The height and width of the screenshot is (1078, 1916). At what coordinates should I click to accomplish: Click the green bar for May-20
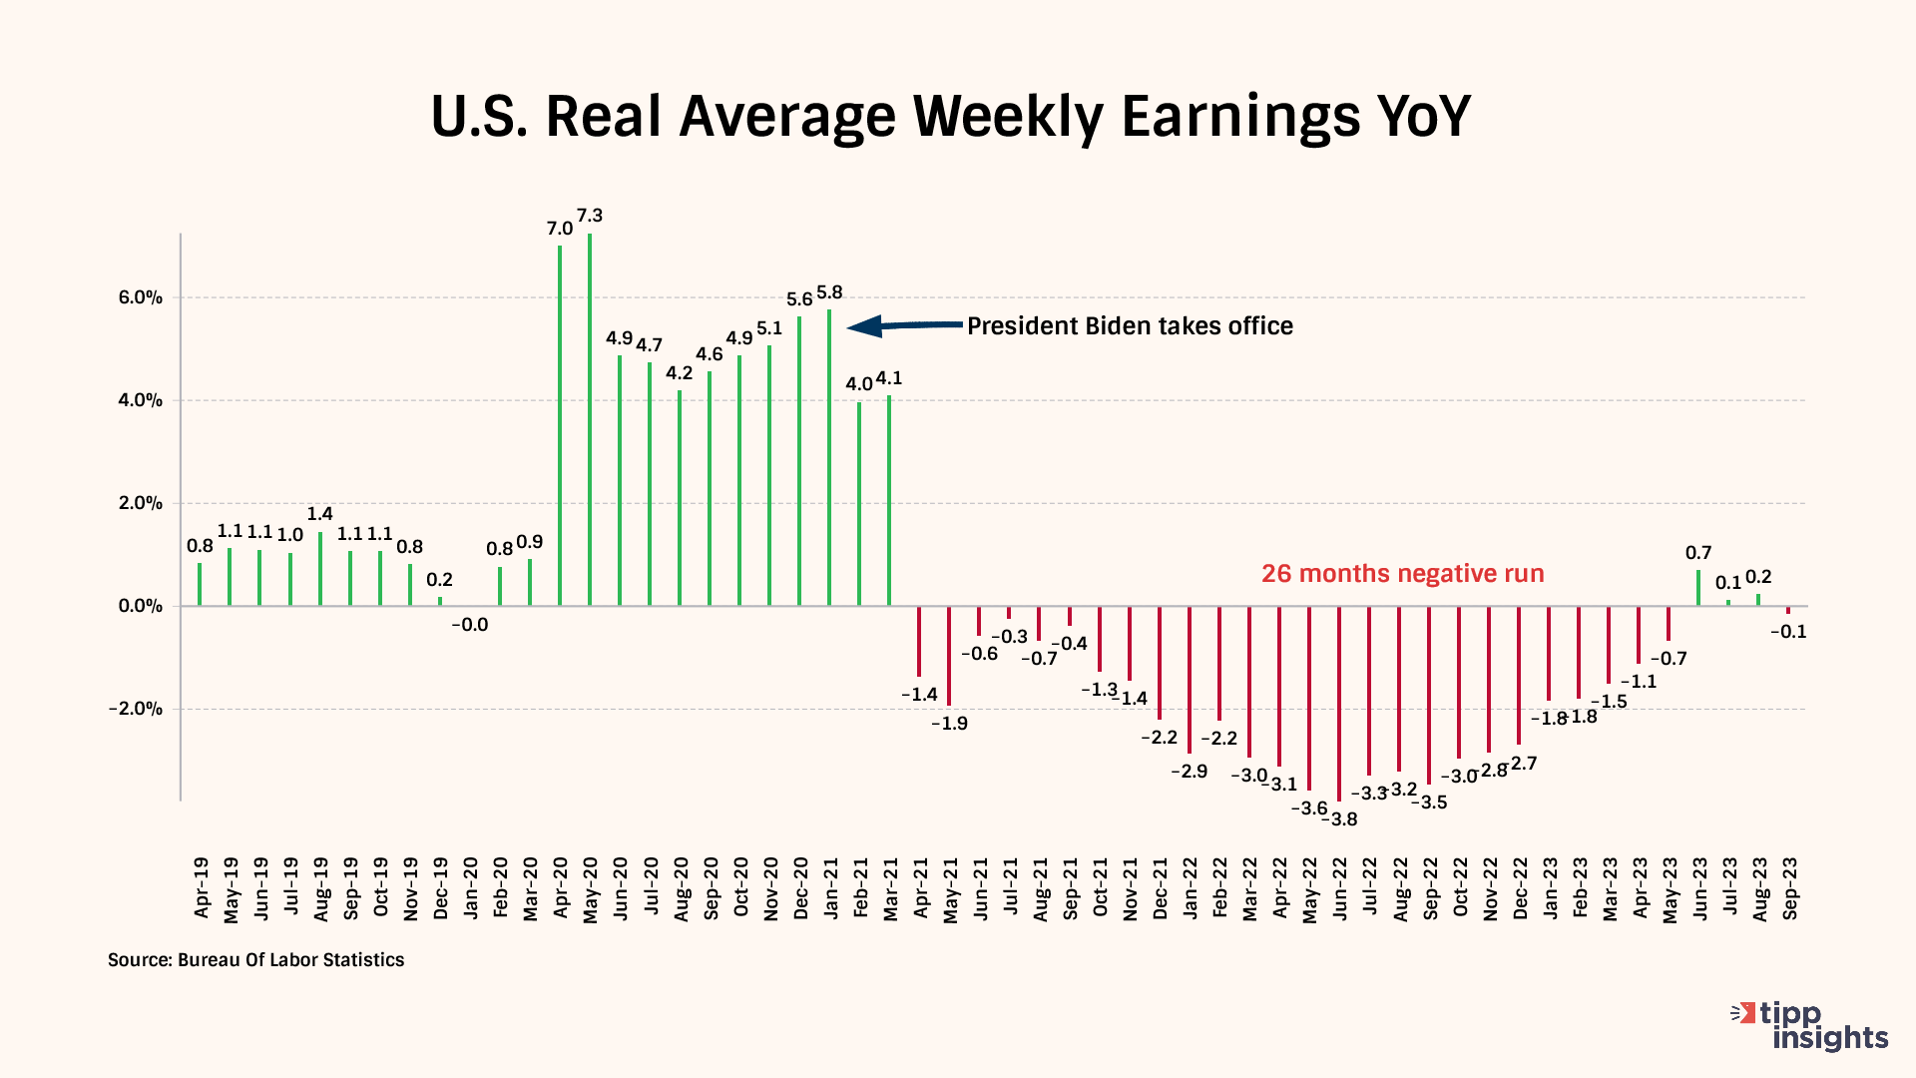(x=590, y=419)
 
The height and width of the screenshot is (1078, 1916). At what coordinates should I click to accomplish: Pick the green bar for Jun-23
(x=1698, y=588)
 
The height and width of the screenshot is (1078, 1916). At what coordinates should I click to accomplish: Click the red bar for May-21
(x=949, y=656)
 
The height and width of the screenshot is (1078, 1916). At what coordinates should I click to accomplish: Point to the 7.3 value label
(x=590, y=216)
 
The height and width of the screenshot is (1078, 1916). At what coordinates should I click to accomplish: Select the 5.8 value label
(x=829, y=292)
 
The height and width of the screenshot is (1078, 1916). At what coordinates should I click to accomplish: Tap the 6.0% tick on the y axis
(x=142, y=297)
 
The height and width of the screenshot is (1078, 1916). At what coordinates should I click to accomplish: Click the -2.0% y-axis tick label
(x=136, y=709)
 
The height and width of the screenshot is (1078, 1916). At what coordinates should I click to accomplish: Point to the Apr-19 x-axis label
(x=202, y=887)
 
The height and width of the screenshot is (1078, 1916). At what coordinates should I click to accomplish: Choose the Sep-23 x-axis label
(x=1790, y=887)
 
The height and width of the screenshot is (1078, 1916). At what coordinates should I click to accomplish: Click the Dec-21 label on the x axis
(x=1160, y=887)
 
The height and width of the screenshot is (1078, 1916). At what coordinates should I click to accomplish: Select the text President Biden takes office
(x=1130, y=326)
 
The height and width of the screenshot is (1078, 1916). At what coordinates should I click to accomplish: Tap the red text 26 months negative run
(x=1402, y=574)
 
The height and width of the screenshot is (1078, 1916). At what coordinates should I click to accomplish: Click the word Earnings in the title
(x=1239, y=116)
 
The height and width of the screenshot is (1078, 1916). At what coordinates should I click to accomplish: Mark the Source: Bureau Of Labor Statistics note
(x=256, y=960)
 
